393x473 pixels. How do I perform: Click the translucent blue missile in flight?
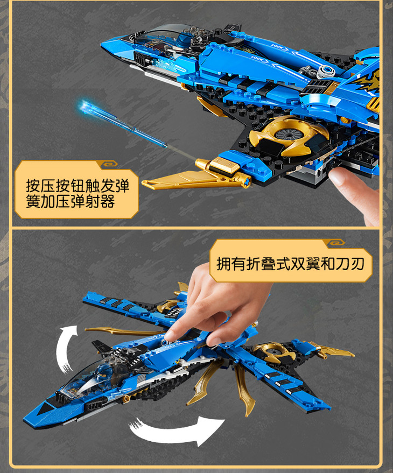pos(124,125)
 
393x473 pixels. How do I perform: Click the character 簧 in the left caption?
pos(33,201)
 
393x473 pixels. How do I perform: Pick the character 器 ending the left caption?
pos(107,201)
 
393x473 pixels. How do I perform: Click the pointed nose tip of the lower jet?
pos(25,419)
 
